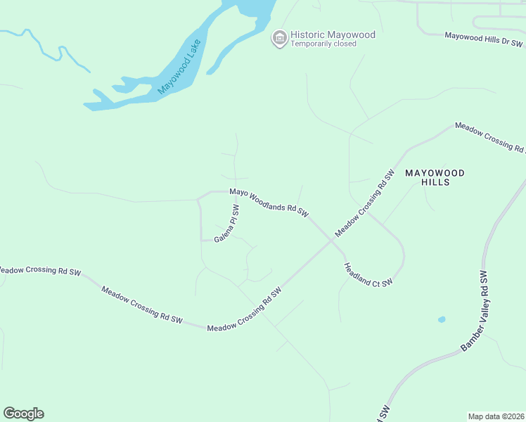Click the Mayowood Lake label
pyautogui.click(x=179, y=67)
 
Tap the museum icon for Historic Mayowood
pyautogui.click(x=279, y=38)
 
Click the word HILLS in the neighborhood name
pyautogui.click(x=435, y=182)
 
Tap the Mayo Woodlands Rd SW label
pyautogui.click(x=269, y=201)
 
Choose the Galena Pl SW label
pyautogui.click(x=228, y=224)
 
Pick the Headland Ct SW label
pyautogui.click(x=367, y=275)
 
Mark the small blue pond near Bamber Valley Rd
pyautogui.click(x=442, y=319)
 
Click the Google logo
pyautogui.click(x=23, y=414)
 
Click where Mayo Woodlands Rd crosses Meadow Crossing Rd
pyautogui.click(x=331, y=240)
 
